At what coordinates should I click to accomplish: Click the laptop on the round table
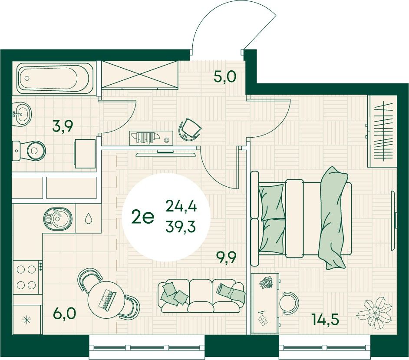[x=107, y=300]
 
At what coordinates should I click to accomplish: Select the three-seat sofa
[x=201, y=296]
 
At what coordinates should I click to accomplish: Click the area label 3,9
[x=63, y=128]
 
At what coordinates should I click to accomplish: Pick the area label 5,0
[x=224, y=77]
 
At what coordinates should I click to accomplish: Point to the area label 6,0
[x=65, y=313]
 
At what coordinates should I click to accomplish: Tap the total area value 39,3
[x=181, y=227]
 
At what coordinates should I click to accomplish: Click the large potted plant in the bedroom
[x=375, y=312]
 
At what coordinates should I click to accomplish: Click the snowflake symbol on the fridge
[x=27, y=320]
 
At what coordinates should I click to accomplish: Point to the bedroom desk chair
[x=289, y=303]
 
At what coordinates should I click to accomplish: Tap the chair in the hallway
[x=190, y=129]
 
